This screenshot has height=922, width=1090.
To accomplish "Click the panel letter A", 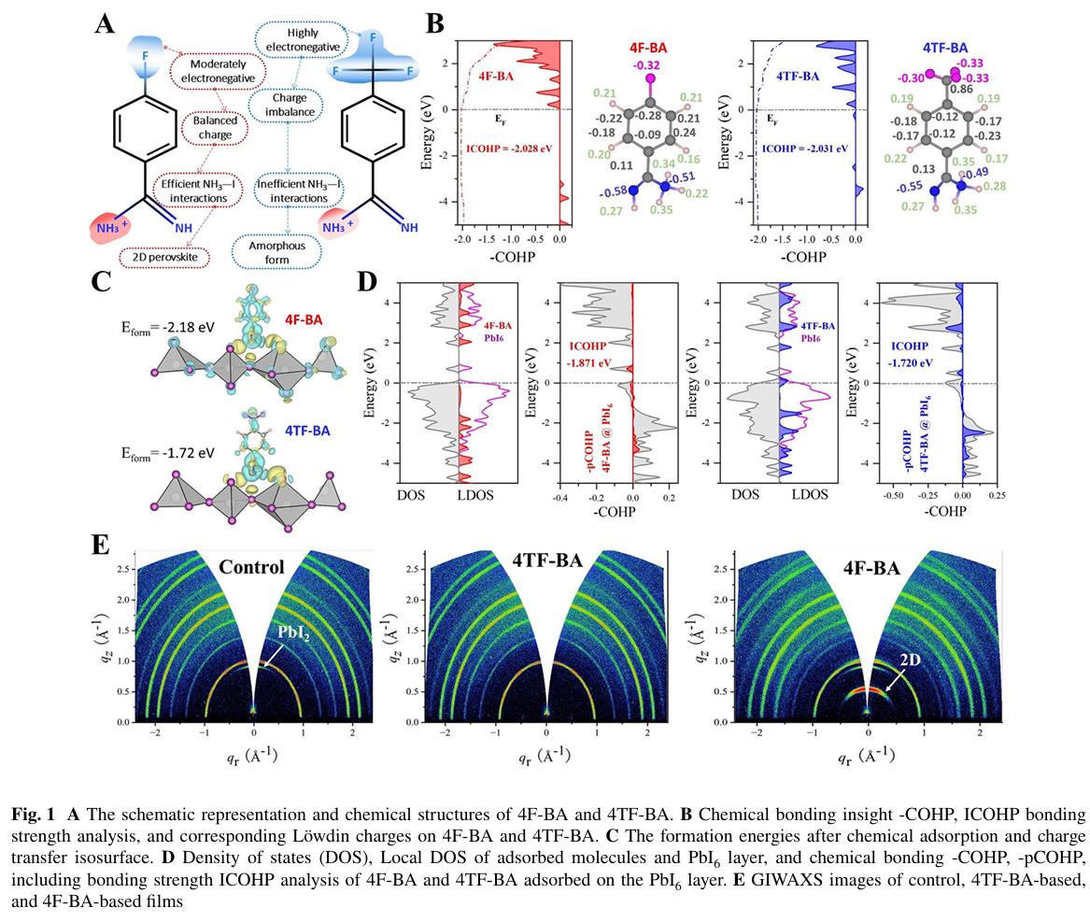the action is [x=105, y=25].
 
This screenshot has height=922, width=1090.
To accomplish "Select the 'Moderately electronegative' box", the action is [x=218, y=71].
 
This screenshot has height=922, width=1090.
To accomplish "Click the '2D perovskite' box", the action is [x=164, y=257].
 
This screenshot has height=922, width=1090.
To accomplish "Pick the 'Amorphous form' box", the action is [x=276, y=252].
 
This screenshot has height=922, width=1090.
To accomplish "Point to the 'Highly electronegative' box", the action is [x=303, y=39].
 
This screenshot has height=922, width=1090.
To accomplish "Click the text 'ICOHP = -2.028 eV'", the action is [x=509, y=149].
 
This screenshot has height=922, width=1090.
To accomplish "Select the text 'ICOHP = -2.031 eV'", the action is [x=805, y=149].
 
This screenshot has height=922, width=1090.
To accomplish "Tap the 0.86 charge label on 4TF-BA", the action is [x=961, y=90].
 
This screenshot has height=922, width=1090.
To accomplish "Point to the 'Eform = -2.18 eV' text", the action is [x=168, y=328].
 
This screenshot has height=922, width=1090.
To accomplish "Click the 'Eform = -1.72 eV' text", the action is [x=168, y=454].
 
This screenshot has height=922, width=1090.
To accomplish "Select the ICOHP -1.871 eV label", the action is [x=588, y=354].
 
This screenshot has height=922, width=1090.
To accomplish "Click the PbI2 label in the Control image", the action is [x=293, y=632].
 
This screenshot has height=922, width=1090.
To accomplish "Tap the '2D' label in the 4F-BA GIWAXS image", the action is [x=910, y=660].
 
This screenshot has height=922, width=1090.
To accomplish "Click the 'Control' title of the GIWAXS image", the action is [x=251, y=567].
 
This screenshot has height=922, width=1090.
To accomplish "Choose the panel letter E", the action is [x=101, y=545].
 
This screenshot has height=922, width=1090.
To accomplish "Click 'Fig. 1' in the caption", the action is [x=33, y=815].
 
